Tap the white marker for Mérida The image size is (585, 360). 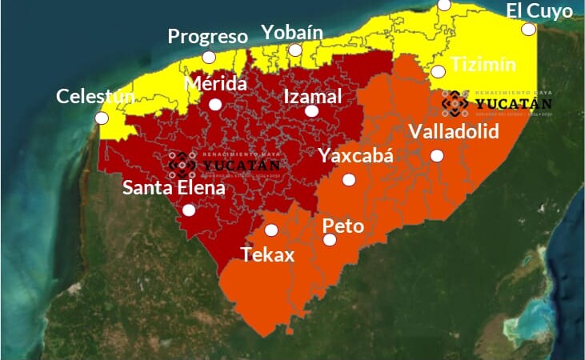point(215,104)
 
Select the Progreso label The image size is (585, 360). point(207,37)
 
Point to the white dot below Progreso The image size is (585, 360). point(209,57)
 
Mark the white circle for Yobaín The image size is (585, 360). point(295,50)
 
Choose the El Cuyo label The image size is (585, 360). point(539,11)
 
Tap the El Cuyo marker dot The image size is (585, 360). point(528,30)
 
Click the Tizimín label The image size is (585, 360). point(483,64)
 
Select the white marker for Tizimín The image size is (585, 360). point(438,71)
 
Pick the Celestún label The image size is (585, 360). point(95,97)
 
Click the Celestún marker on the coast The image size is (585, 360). point(102,118)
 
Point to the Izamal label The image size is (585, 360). point(313,96)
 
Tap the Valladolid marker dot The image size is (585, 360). point(437,155)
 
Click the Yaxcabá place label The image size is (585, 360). point(356,155)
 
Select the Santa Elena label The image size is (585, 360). point(174,189)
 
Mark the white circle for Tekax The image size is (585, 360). point(271,230)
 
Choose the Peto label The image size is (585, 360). point(343,226)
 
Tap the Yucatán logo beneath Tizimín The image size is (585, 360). point(496,103)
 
